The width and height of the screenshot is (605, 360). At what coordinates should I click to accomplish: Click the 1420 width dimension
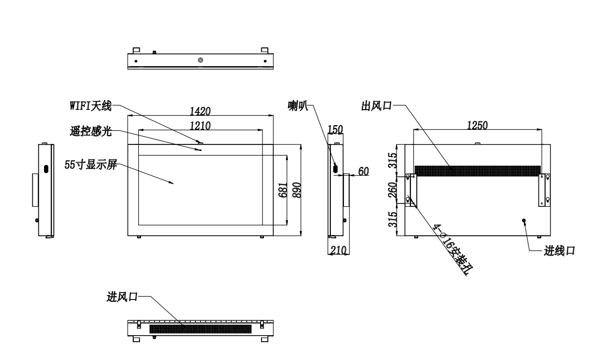point(200,111)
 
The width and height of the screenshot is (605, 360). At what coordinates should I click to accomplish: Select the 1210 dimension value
point(200,126)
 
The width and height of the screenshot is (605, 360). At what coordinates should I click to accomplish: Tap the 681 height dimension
point(283,190)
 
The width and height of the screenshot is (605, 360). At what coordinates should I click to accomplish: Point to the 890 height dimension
point(297,190)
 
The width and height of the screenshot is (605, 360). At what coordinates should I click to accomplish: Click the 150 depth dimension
point(335,129)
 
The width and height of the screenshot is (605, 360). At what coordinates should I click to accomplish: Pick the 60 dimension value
point(364,171)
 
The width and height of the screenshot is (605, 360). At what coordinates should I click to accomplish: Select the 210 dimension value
point(338,250)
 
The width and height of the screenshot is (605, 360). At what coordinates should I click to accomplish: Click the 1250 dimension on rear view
point(478,125)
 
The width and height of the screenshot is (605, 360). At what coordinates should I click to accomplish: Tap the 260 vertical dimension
point(392,189)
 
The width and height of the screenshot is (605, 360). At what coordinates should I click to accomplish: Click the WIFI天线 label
point(90,105)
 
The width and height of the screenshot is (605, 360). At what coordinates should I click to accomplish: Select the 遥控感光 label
point(91,131)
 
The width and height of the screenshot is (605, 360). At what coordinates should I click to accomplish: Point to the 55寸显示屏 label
point(91,165)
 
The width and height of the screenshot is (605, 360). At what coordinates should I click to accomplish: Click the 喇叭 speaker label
point(298,105)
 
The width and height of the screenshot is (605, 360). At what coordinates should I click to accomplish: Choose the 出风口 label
point(376,105)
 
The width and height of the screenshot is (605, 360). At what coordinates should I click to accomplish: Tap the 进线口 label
point(560,251)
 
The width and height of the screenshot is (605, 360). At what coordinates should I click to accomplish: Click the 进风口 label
point(122,297)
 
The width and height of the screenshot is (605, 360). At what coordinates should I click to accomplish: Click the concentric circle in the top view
point(201,60)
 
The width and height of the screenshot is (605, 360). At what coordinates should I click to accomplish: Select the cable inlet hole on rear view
point(524,221)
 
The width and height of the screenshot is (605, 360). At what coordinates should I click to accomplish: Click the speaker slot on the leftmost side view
point(46,169)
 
